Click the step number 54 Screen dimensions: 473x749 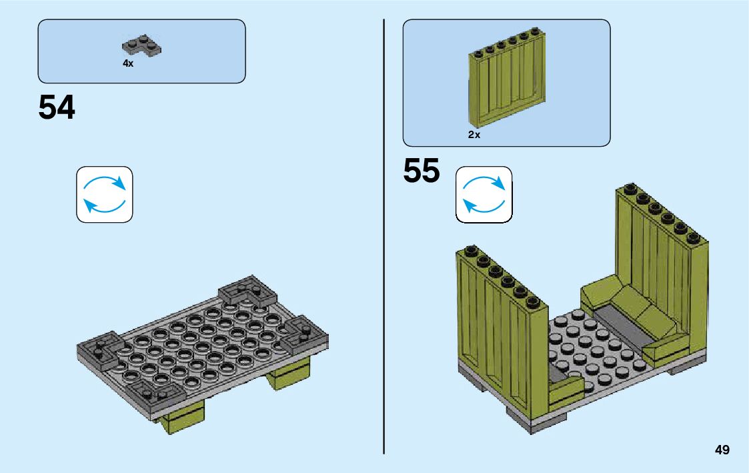pyautogui.click(x=57, y=108)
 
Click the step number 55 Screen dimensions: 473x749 pyautogui.click(x=422, y=171)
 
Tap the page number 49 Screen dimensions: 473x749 pyautogui.click(x=722, y=450)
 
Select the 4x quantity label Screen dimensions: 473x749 pyautogui.click(x=128, y=63)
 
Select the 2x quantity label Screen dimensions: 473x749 pyautogui.click(x=474, y=135)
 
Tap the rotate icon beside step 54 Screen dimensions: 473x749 pyautogui.click(x=105, y=194)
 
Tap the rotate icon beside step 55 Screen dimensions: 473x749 pyautogui.click(x=484, y=194)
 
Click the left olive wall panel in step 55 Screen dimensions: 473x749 pyautogui.click(x=502, y=334)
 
